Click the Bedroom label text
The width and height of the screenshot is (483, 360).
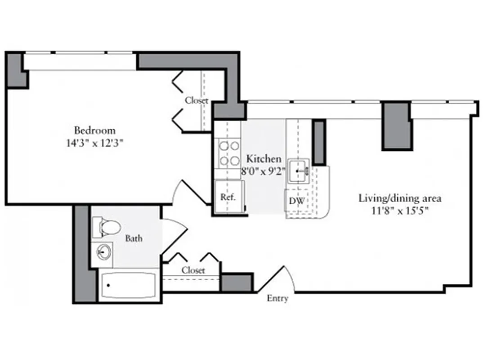point(95,130)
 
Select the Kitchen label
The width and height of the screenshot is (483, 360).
point(264,159)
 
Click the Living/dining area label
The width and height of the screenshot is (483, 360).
point(400,198)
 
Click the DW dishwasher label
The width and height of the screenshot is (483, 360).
point(295,201)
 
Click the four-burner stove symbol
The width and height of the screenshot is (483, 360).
point(229,153)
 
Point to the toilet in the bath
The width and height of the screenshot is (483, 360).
point(106,227)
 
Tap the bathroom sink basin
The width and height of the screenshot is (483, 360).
point(104,253)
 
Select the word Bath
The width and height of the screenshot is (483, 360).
point(134,238)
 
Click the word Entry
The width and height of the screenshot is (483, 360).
point(277,298)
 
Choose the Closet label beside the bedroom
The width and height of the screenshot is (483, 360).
point(197,101)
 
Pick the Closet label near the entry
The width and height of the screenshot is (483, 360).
point(193,270)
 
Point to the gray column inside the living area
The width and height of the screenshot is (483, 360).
point(396,126)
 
